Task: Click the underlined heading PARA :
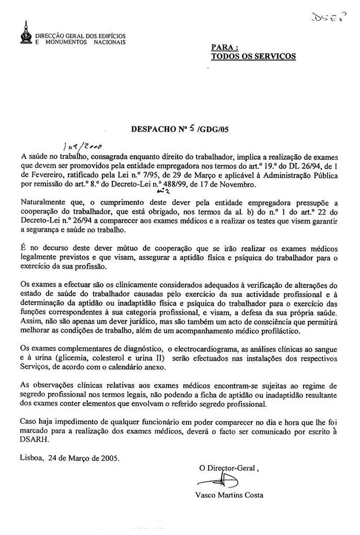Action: tap(222, 48)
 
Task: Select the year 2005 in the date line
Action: tap(109, 458)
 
